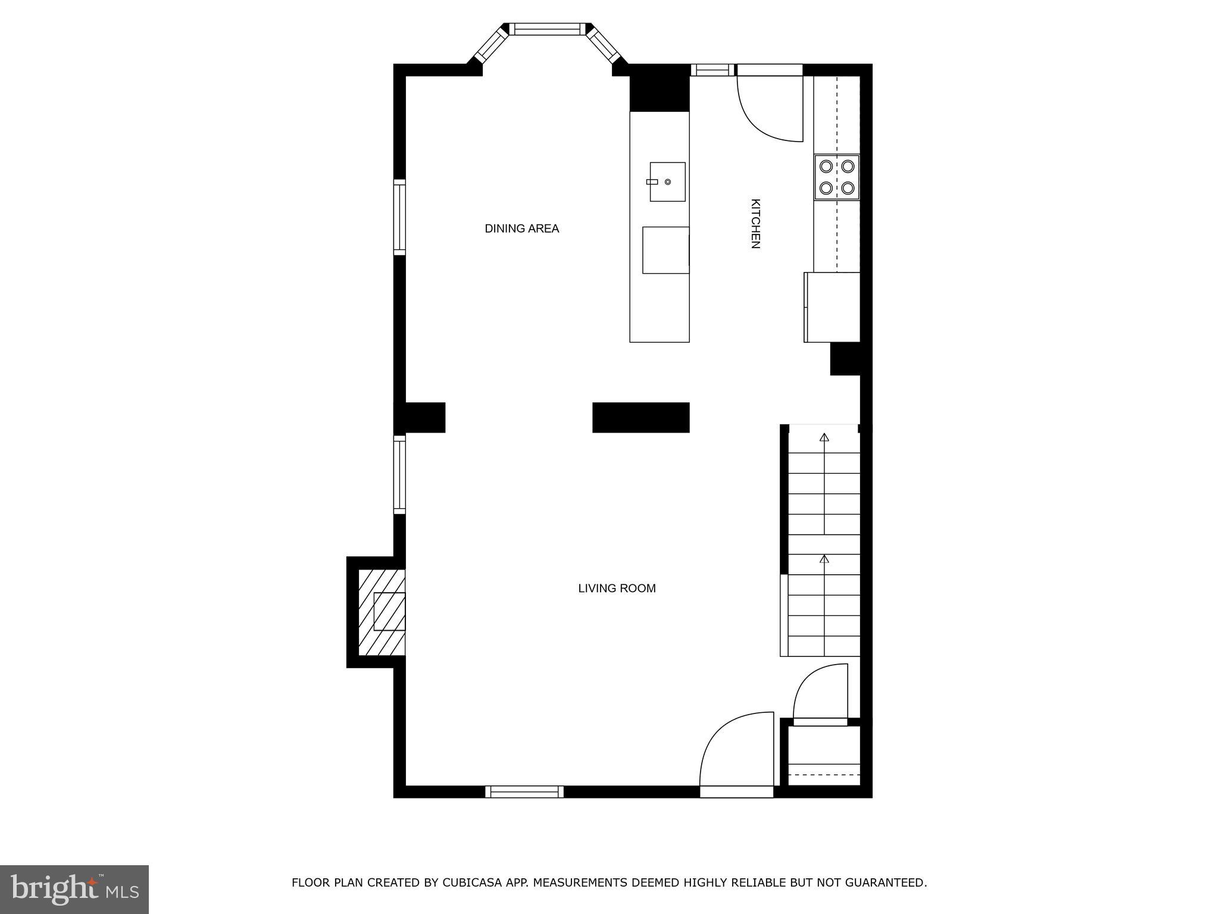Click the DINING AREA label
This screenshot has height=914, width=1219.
521,228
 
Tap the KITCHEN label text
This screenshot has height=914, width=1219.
755,224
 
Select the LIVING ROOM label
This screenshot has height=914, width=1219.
617,588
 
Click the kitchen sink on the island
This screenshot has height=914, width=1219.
667,181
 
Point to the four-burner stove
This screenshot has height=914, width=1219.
837,177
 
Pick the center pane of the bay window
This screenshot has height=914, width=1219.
547,29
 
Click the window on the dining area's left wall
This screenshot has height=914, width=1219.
399,217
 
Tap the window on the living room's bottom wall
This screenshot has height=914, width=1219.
524,791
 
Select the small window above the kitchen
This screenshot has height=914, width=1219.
712,70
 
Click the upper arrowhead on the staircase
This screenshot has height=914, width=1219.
824,437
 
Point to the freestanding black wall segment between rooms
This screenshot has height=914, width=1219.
640,417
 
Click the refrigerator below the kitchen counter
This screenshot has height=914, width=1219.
832,307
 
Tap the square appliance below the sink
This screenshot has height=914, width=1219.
665,250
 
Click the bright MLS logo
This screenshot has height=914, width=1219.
74,890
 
